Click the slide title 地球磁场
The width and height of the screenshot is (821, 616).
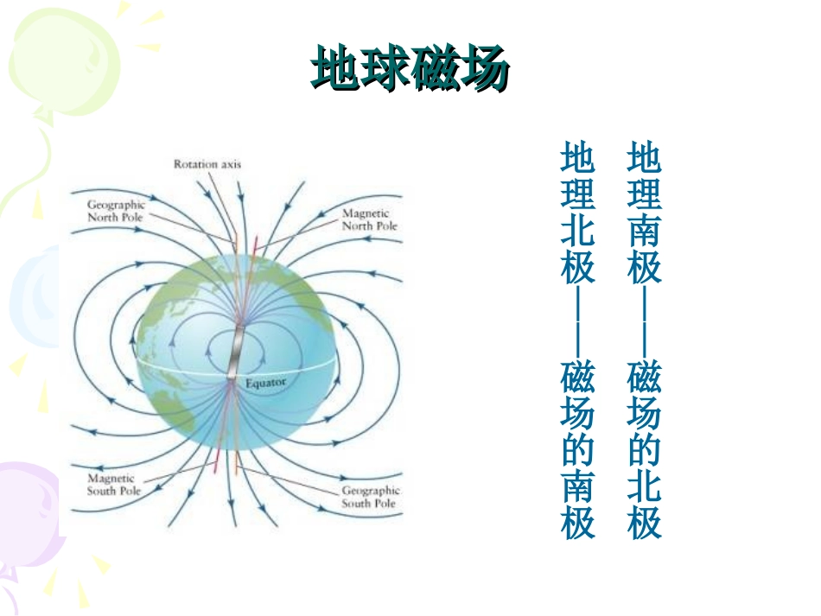410,68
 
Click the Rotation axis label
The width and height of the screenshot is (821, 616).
207,163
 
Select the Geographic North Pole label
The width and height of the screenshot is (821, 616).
116,211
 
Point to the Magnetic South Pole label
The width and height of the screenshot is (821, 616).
113,484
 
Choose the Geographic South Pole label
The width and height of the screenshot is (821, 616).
371,497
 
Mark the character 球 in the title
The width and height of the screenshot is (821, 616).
385,68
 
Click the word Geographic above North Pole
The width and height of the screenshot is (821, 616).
116,205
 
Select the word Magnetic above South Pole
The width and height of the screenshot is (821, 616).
111,478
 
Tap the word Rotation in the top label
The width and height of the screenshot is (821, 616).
195,163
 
